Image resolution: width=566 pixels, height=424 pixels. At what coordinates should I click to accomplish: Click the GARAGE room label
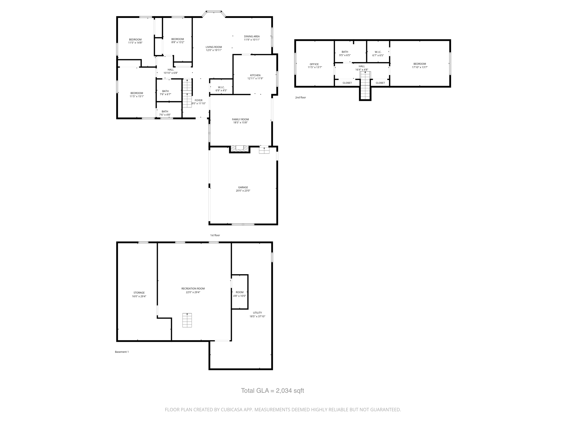click(243, 187)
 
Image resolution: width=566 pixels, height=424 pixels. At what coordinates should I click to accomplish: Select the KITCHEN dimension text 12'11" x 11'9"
click(255, 79)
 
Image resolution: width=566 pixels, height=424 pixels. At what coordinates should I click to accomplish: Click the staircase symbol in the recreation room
click(187, 320)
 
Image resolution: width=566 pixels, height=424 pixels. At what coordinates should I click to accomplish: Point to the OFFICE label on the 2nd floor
click(314, 64)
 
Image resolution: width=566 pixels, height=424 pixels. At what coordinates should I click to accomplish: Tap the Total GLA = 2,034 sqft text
click(272, 391)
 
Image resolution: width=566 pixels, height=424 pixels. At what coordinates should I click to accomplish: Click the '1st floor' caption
click(215, 235)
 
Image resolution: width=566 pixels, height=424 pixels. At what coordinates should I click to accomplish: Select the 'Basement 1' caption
click(122, 352)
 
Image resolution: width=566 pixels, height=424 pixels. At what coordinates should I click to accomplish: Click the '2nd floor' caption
click(300, 97)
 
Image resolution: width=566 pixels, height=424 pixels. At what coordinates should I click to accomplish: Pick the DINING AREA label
click(252, 36)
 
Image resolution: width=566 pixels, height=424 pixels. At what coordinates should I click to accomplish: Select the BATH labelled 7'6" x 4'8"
click(165, 113)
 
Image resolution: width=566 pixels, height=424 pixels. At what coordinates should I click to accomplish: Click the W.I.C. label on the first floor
click(221, 88)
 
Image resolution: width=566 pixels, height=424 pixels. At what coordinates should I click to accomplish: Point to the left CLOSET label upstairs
click(347, 83)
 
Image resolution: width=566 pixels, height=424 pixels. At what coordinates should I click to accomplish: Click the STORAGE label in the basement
click(139, 293)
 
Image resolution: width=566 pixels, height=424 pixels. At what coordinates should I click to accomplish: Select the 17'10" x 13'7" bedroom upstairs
click(420, 65)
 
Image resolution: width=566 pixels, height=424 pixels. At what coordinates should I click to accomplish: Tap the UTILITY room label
click(257, 313)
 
